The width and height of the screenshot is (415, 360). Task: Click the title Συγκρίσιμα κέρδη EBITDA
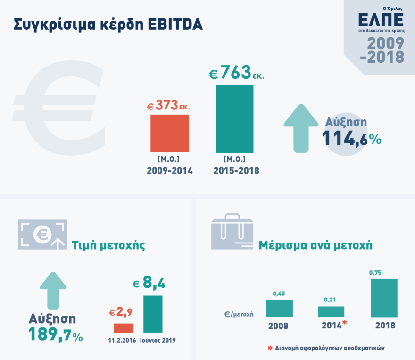[x=108, y=25]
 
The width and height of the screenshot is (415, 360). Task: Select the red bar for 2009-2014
[x=170, y=133]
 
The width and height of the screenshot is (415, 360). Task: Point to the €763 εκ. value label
[x=236, y=75]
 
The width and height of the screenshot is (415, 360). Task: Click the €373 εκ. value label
[x=169, y=106]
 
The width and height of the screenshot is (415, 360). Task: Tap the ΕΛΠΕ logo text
[x=381, y=20]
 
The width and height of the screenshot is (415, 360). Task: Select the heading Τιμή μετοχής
[x=108, y=245]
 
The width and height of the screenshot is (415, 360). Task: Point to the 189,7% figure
[x=55, y=334]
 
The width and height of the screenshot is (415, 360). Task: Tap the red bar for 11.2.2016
[x=124, y=328]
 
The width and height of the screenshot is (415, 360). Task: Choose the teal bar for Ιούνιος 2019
[x=153, y=314]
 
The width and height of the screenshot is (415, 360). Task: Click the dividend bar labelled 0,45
[x=279, y=308]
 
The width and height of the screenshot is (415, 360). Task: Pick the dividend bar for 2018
[x=384, y=298]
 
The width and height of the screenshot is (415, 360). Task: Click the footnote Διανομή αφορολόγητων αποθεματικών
[x=326, y=348]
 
